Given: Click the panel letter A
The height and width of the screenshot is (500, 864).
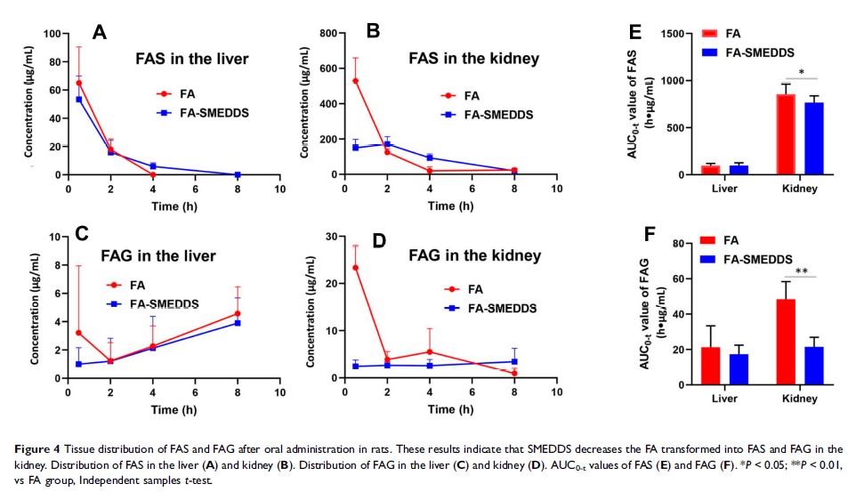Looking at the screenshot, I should pyautogui.click(x=101, y=33).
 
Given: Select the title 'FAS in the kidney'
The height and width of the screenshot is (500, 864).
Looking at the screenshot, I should pyautogui.click(x=467, y=59).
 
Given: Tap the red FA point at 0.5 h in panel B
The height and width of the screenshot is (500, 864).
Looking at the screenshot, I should pyautogui.click(x=356, y=81).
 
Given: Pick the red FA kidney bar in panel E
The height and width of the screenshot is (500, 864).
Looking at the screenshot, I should pyautogui.click(x=785, y=134).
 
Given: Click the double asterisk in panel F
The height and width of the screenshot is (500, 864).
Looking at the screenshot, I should pyautogui.click(x=802, y=270).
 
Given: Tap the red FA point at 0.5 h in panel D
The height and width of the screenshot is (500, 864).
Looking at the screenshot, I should pyautogui.click(x=356, y=268).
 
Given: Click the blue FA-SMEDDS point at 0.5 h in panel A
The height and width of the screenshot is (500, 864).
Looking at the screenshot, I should pyautogui.click(x=79, y=100).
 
